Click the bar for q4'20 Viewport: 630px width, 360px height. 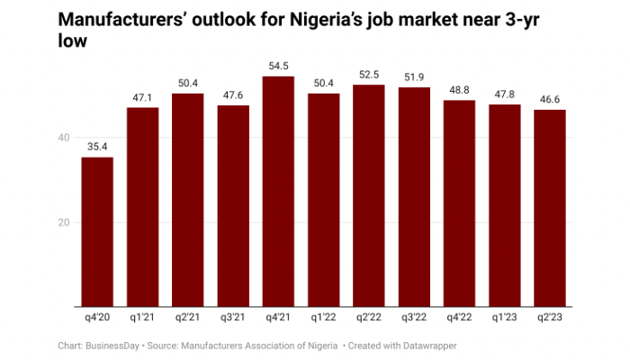point(97,231)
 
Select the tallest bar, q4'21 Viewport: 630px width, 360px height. point(278,191)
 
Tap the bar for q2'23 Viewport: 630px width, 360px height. point(550,208)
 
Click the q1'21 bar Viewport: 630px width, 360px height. point(142,207)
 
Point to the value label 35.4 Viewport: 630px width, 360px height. point(97,148)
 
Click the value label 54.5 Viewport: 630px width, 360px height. point(278,67)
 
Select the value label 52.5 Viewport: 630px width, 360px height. point(369,75)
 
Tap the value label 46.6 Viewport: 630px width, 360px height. point(550,100)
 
